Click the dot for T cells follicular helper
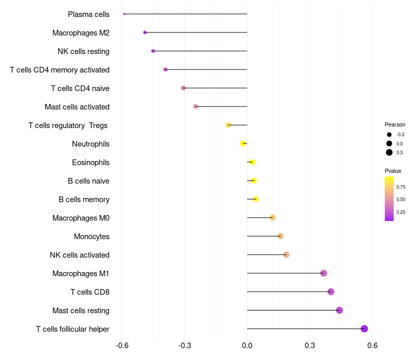pyautogui.click(x=364, y=329)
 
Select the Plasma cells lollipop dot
pyautogui.click(x=124, y=14)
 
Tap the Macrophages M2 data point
pyautogui.click(x=145, y=32)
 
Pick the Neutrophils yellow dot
pyautogui.click(x=243, y=143)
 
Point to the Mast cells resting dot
pyautogui.click(x=340, y=310)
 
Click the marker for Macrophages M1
pyautogui.click(x=324, y=273)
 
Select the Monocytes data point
pyautogui.click(x=281, y=236)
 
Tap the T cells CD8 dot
pyautogui.click(x=331, y=292)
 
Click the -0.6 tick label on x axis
pyautogui.click(x=122, y=345)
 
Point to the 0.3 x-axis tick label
pyautogui.click(x=310, y=345)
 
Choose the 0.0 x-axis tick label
pyautogui.click(x=247, y=345)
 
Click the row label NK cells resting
pyautogui.click(x=83, y=51)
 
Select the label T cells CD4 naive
pyautogui.click(x=80, y=88)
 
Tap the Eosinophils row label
pyautogui.click(x=90, y=163)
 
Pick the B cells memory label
pyautogui.click(x=84, y=200)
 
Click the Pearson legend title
pyautogui.click(x=395, y=124)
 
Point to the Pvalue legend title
pyautogui.click(x=393, y=171)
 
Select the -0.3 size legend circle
pyautogui.click(x=389, y=135)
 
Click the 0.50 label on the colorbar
pyautogui.click(x=401, y=200)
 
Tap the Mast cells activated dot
pyautogui.click(x=195, y=106)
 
